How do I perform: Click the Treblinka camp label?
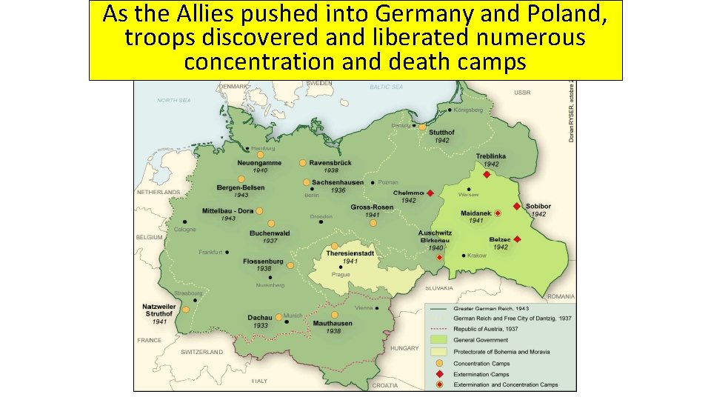[492, 157]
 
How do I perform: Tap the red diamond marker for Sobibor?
[515, 206]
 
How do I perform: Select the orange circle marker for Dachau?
[279, 317]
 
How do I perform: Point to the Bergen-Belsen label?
[241, 187]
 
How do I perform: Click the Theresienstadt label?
[350, 253]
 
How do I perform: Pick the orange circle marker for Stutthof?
[422, 127]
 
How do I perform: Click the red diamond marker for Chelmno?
[430, 193]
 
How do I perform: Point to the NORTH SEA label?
[174, 100]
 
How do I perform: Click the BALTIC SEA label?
[386, 87]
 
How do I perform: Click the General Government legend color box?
[439, 340]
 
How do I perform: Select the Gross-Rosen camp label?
[373, 207]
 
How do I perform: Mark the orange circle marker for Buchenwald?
[271, 223]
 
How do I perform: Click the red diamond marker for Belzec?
[517, 239]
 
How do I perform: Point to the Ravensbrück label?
[334, 162]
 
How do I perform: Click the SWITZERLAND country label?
[201, 352]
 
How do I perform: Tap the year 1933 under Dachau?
[261, 325]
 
